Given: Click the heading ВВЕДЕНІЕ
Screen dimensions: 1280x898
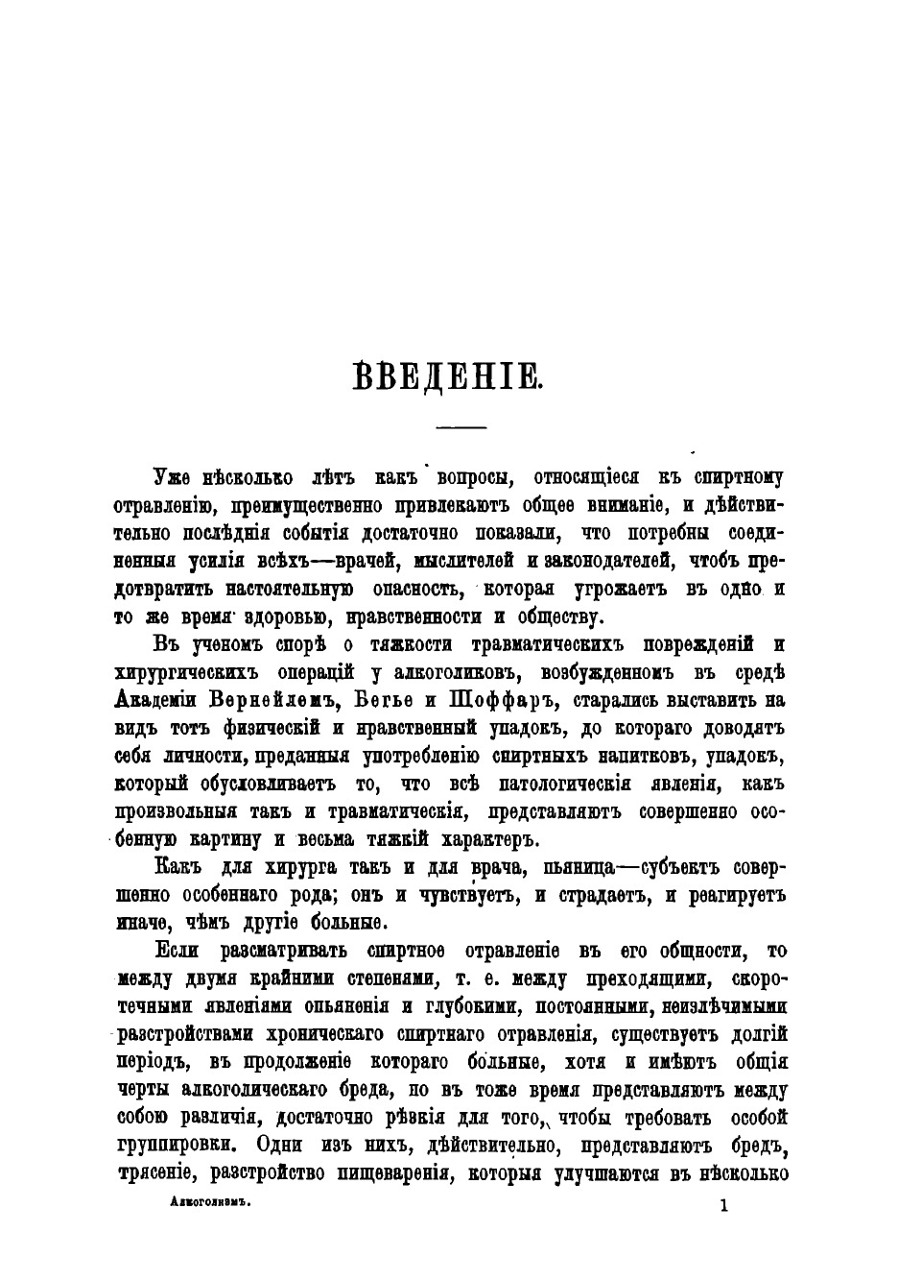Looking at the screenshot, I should (448, 376).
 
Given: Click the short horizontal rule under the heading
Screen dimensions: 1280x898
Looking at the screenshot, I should (461, 426).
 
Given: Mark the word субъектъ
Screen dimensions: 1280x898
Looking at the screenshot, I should (668, 868).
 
